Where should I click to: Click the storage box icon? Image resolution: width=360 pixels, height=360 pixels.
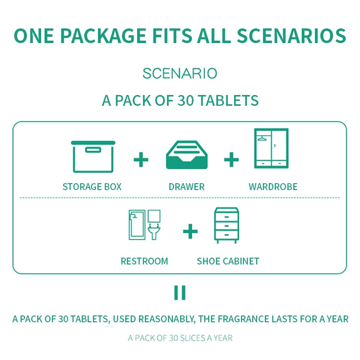pos(93,157)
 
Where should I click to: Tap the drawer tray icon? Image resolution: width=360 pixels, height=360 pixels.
pos(187,155)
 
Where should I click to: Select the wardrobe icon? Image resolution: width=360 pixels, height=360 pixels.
pos(271,148)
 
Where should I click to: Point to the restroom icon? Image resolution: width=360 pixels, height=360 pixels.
pos(144,225)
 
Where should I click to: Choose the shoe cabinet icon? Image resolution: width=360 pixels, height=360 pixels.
pos(226,225)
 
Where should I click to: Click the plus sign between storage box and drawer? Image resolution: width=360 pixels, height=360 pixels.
pos(141,160)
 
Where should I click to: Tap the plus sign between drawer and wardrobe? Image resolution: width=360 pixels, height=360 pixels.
pos(231,160)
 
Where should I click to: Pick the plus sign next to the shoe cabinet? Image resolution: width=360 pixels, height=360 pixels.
pos(190,231)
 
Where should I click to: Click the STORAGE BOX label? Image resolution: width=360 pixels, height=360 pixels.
pos(92,187)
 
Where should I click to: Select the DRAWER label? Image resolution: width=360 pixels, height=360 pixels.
pos(187,187)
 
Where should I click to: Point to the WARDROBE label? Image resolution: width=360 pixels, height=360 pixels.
pos(273,187)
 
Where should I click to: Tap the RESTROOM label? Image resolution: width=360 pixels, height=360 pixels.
pos(144,261)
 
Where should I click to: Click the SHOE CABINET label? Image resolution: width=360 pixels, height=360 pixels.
pos(228,261)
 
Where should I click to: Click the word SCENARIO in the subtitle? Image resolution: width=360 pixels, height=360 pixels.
pos(180,73)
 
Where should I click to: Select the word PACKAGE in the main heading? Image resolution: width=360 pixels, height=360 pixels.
pos(103,36)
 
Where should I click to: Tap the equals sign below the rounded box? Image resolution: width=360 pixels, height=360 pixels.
pos(180,292)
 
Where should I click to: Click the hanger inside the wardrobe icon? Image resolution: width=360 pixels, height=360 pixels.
pos(262,139)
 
